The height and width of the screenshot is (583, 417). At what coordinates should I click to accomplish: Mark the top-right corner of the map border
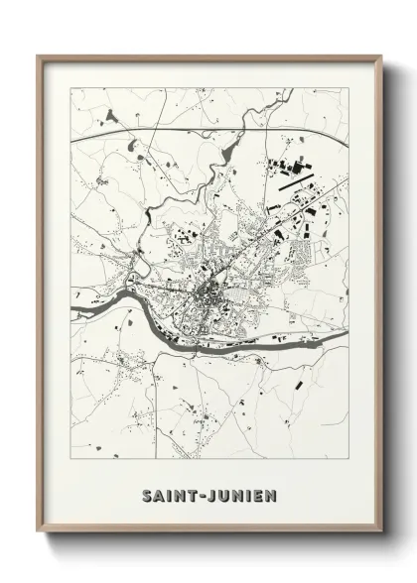pos(349,88)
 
